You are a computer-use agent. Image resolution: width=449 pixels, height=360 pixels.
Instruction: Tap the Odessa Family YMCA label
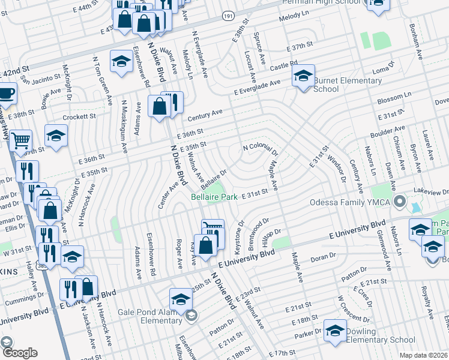pos(350,202)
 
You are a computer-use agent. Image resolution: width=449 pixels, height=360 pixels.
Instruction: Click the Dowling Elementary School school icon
pos(335,331)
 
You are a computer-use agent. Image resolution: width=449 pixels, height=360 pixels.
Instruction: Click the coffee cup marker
pos(6,94)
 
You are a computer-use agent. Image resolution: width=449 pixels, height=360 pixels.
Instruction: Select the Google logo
pos(19,353)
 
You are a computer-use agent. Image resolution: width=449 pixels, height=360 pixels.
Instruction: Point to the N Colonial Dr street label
pos(260,147)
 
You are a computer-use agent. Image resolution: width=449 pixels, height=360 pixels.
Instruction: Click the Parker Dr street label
pos(308,332)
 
